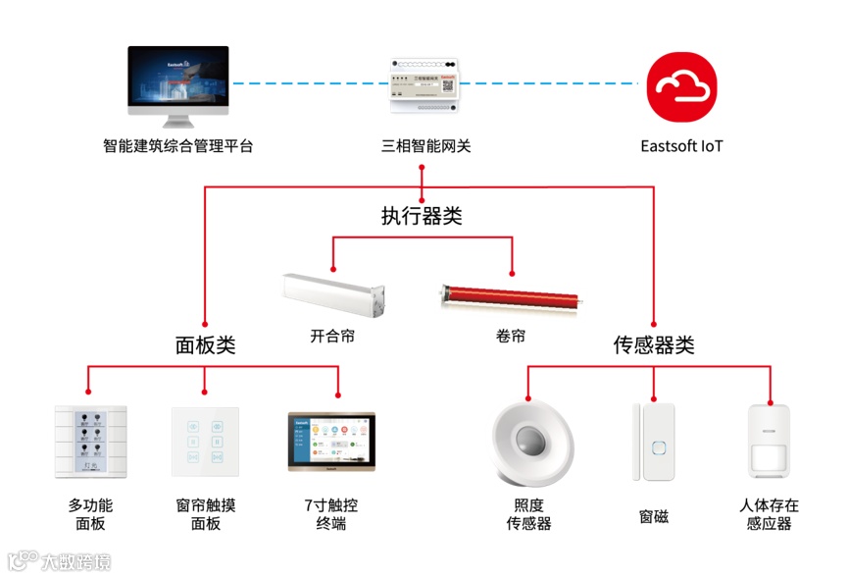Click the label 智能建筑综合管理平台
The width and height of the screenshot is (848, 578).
coord(177,147)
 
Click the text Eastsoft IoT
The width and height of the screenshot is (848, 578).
coord(681,147)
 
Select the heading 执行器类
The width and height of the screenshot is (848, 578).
coord(422,216)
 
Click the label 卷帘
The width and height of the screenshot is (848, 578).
coord(510,336)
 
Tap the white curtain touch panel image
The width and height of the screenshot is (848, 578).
coord(205,441)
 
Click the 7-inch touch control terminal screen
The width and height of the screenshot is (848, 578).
coord(331,442)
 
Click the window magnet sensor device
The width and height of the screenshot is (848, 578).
coord(654,441)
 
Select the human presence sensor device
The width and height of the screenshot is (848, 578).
coord(770,442)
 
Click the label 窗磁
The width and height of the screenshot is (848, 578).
coord(654,515)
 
